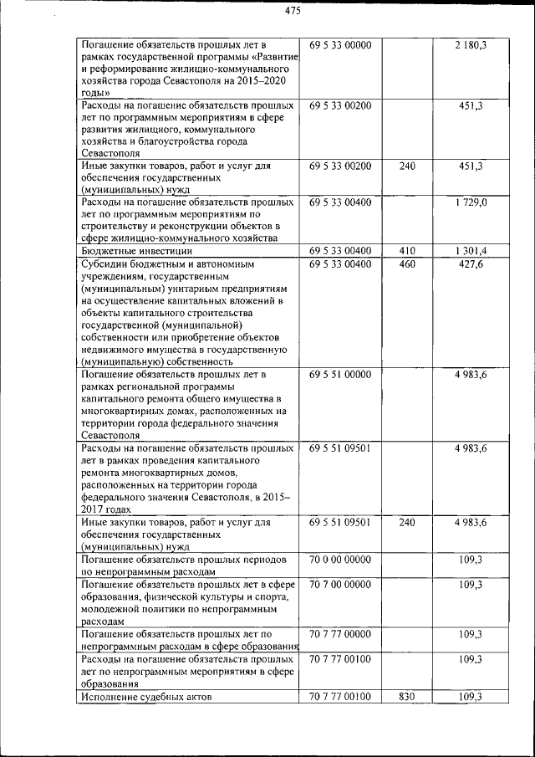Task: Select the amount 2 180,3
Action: [x=471, y=45]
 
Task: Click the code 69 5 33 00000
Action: [x=339, y=45]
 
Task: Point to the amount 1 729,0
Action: [x=471, y=202]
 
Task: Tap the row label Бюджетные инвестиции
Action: [x=137, y=250]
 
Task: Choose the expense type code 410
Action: [x=407, y=250]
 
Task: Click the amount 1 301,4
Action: [x=471, y=250]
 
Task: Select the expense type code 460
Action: [x=407, y=264]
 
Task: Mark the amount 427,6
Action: [x=471, y=264]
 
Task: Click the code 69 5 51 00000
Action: [x=339, y=375]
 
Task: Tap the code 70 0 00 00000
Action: [x=339, y=558]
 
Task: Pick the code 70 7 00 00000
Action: [x=339, y=584]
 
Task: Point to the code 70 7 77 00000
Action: [x=339, y=634]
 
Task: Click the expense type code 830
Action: [x=407, y=696]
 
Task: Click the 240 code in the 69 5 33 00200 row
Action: [x=407, y=166]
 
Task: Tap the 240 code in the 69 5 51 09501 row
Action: [x=407, y=522]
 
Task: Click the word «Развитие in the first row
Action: [x=269, y=57]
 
